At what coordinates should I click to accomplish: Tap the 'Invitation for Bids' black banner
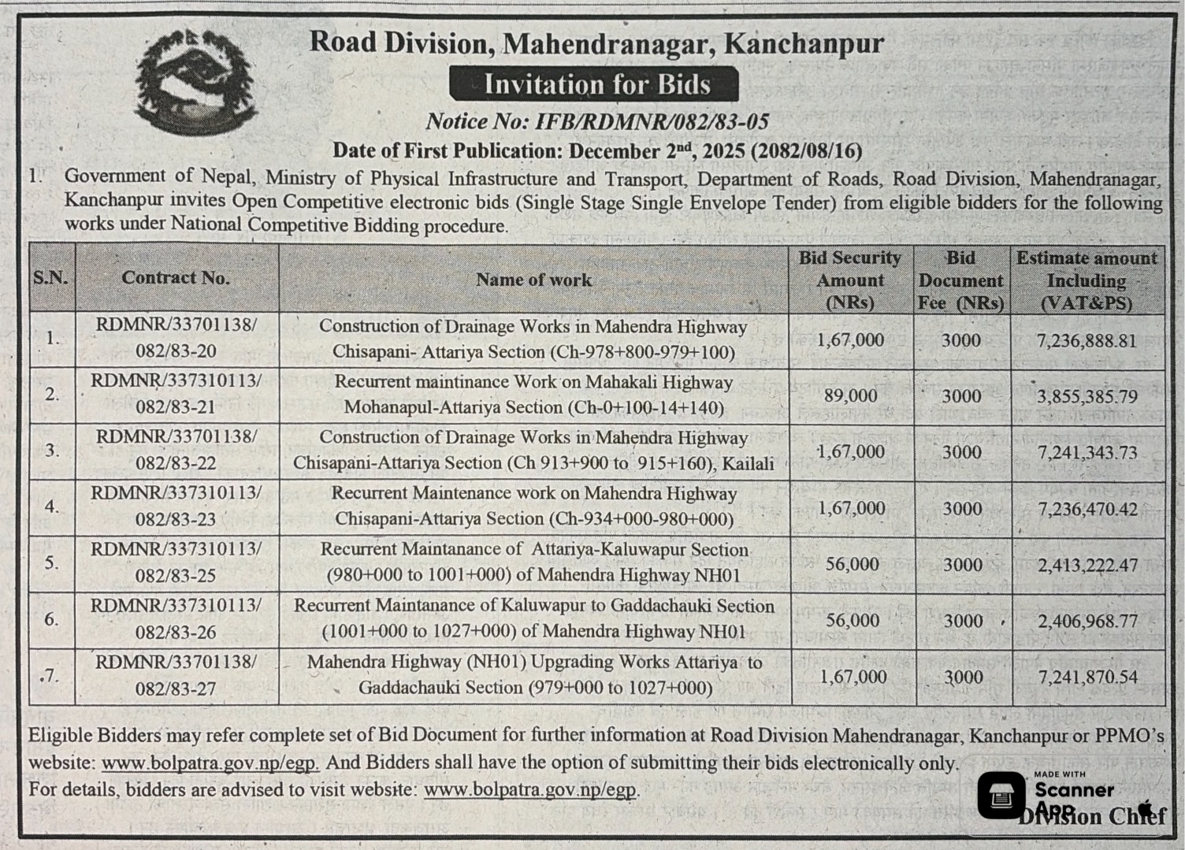pos(594,84)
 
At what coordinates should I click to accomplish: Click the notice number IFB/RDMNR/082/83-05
pos(597,121)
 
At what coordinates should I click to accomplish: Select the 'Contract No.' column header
pos(176,277)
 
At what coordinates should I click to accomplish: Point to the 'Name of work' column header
pos(533,279)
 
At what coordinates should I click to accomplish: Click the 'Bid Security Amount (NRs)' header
pos(850,280)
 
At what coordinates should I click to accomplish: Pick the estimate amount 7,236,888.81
pos(1087,340)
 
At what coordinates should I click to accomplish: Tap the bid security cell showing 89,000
pos(851,395)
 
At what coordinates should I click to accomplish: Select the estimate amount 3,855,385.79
pos(1087,396)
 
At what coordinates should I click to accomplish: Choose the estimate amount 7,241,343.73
pos(1087,452)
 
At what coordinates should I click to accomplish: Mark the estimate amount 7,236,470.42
pos(1087,509)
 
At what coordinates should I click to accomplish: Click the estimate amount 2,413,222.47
pos(1087,565)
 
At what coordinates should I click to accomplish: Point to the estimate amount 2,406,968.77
pos(1087,621)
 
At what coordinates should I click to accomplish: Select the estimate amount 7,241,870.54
pos(1087,677)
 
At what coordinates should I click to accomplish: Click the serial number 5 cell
pos(52,563)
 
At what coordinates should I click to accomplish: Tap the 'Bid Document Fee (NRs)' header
pos(961,280)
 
